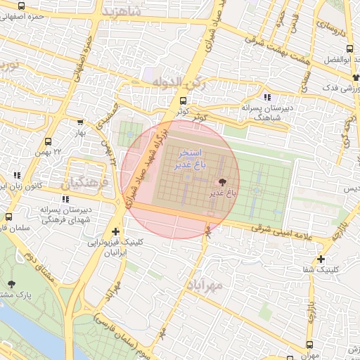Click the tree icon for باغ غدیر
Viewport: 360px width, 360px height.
point(224,181)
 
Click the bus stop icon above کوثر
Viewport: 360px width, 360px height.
point(183,101)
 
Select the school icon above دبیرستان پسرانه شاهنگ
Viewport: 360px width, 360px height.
point(266,97)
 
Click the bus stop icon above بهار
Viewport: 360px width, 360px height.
point(80,122)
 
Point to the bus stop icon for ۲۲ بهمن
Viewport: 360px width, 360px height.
point(48,141)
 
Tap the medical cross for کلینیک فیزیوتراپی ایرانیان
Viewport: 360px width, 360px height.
point(115,231)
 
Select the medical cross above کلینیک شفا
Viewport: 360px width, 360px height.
point(321,259)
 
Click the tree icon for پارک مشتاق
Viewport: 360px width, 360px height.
point(11,284)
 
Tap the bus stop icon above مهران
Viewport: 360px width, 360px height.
point(310,344)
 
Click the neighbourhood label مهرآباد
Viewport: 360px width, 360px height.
point(205,284)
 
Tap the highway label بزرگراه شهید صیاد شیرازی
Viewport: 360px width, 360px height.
point(150,162)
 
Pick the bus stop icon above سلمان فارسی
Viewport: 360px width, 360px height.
point(8,217)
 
